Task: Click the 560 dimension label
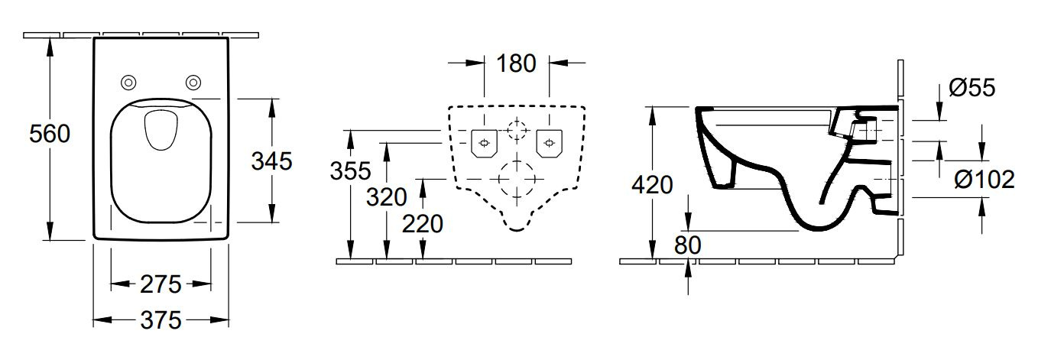click(x=50, y=134)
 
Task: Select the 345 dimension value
click(x=271, y=161)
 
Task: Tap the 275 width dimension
click(x=161, y=284)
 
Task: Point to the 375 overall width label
click(x=161, y=320)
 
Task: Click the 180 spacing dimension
click(x=516, y=63)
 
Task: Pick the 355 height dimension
click(x=350, y=171)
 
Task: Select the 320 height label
click(x=387, y=197)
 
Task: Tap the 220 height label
click(x=422, y=224)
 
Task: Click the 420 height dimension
click(x=652, y=185)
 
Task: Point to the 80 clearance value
click(x=688, y=245)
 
